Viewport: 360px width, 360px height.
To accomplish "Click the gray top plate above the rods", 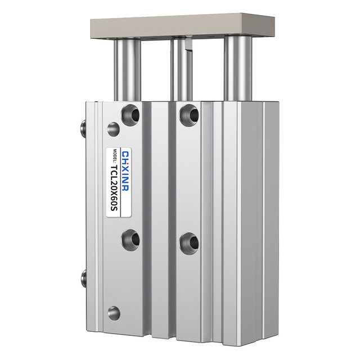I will (x=183, y=25).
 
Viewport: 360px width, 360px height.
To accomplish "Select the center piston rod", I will (x=179, y=70).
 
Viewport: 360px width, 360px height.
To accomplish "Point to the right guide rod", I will (x=237, y=70).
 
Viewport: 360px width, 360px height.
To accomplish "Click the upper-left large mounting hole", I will (x=130, y=115).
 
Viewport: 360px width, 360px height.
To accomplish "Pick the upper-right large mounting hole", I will (x=188, y=115).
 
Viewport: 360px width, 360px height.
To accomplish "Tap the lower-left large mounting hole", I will (x=130, y=240).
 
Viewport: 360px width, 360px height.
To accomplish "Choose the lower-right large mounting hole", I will (x=188, y=243).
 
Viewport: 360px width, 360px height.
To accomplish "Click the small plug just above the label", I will (x=114, y=129).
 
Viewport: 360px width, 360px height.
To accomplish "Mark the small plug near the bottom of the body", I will (x=114, y=313).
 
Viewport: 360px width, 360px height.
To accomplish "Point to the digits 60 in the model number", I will (x=114, y=201).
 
